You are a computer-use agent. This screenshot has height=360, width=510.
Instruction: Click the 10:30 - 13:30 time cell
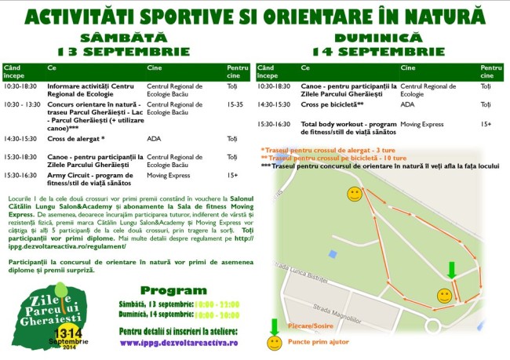pos(22,103)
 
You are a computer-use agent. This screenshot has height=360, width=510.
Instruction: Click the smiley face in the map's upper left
pos(355,193)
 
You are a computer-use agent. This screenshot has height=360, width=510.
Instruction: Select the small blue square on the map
pos(333,253)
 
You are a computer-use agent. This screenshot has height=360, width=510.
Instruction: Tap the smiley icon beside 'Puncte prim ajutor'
pos(275,344)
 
